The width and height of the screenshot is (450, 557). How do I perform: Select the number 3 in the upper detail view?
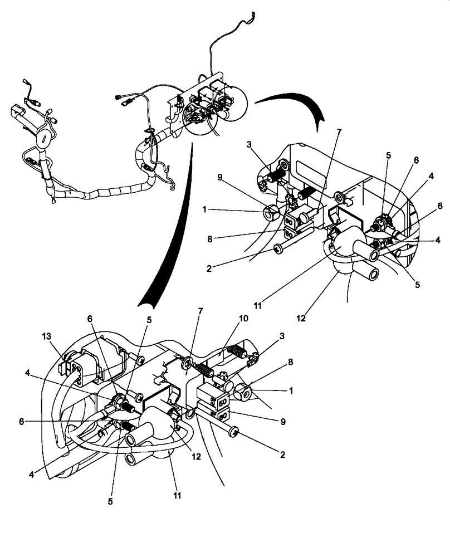click(x=249, y=145)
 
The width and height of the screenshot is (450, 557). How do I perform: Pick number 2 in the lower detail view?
click(x=282, y=455)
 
